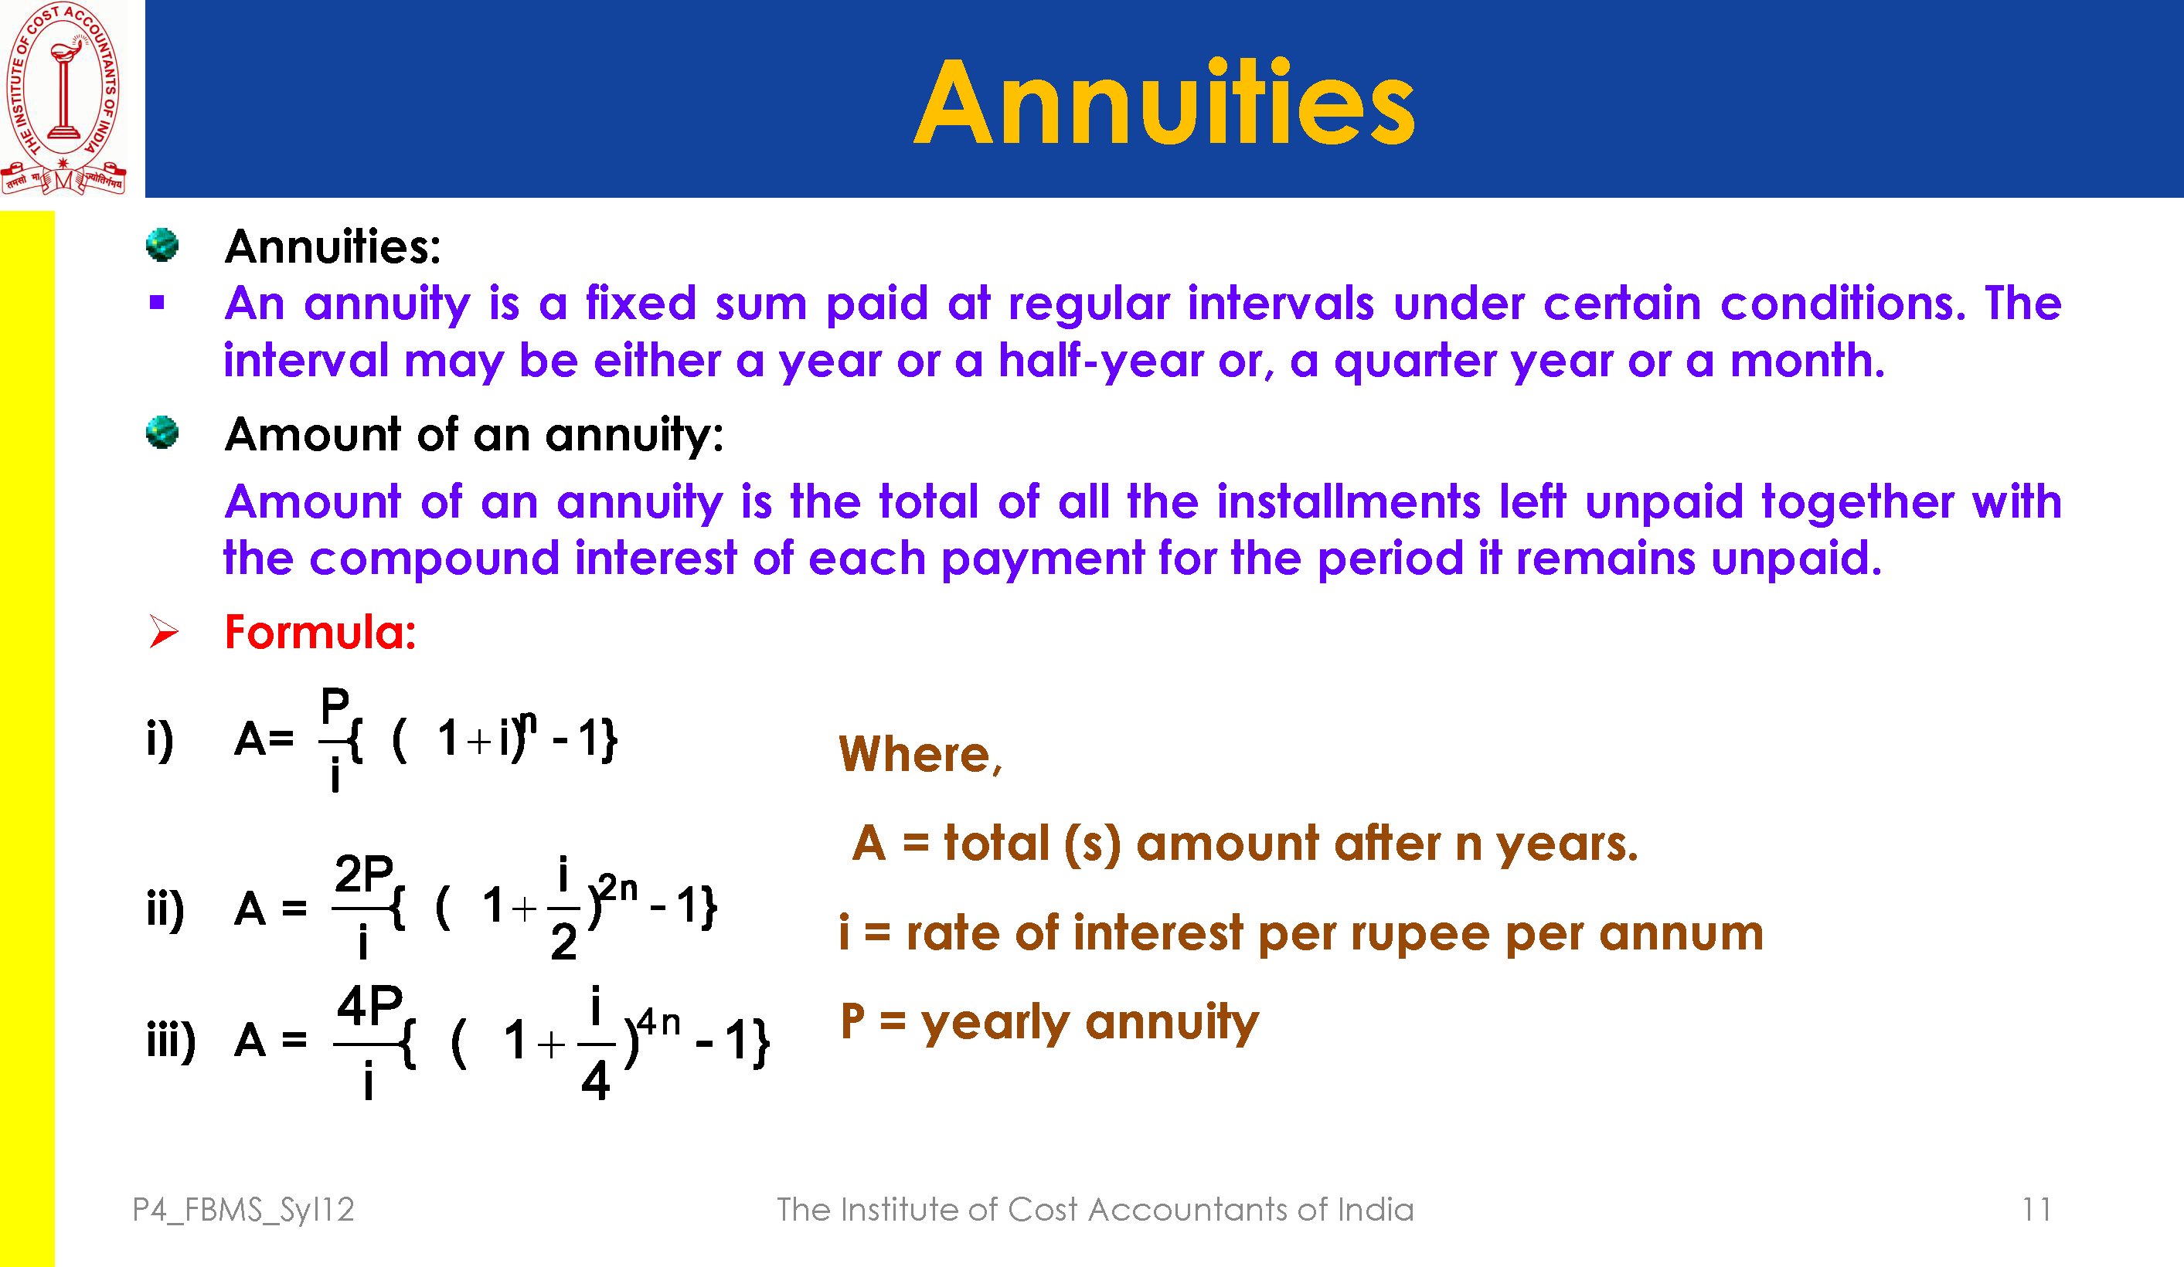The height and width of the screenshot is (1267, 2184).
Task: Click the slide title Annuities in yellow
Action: [x=1164, y=102]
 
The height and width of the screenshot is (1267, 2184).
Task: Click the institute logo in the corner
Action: [x=63, y=98]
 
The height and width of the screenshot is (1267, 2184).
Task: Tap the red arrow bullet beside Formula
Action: [x=163, y=631]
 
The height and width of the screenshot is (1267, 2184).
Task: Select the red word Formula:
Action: [x=321, y=632]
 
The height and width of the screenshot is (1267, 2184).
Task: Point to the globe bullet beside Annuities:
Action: [x=162, y=244]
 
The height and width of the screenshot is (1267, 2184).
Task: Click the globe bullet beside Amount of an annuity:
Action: [x=162, y=433]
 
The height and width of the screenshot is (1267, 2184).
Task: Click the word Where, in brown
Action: [x=920, y=754]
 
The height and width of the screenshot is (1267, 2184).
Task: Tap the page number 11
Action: [x=2036, y=1209]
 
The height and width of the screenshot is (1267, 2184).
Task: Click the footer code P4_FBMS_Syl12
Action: [x=243, y=1210]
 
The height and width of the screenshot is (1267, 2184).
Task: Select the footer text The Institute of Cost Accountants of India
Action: [x=1095, y=1209]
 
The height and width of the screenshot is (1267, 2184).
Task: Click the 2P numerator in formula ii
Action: [x=364, y=874]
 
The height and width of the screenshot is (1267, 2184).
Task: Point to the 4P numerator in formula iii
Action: [x=370, y=1005]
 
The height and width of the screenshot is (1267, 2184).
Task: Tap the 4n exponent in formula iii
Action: [x=659, y=1023]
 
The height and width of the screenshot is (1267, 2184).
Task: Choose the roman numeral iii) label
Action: [x=172, y=1039]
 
